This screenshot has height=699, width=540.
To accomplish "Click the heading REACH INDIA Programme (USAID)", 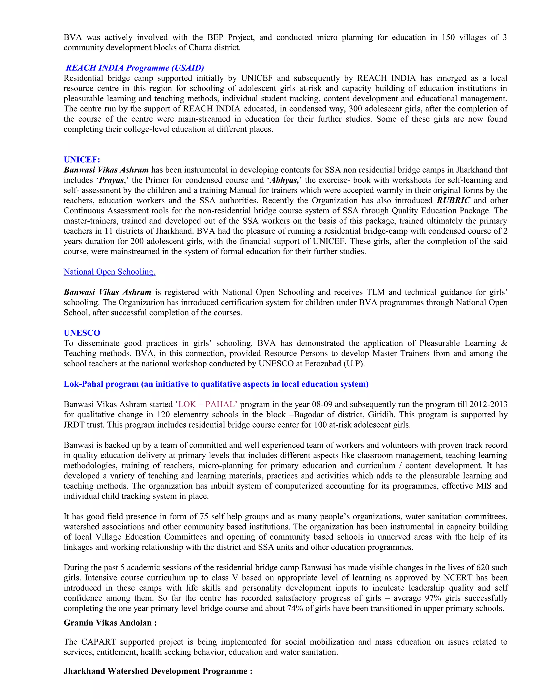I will (135, 68).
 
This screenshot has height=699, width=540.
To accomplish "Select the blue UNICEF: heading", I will (82, 160).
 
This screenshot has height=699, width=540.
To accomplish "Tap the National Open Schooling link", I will (109, 272).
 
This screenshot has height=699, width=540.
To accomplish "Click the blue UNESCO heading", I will (82, 333).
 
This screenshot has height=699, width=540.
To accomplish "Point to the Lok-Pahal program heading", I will (216, 384).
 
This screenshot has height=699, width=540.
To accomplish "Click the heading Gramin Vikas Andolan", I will (110, 623).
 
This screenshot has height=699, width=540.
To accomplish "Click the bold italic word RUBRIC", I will (453, 200).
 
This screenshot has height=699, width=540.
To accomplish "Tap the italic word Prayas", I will (111, 180).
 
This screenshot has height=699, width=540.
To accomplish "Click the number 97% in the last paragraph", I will (433, 598).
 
